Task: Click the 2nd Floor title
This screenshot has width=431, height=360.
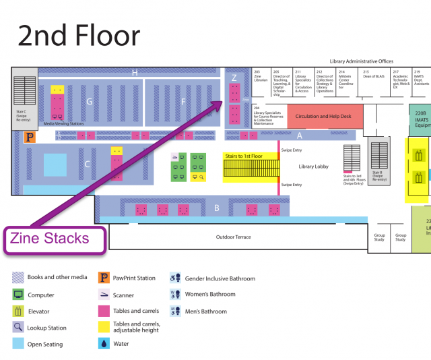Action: tap(79, 35)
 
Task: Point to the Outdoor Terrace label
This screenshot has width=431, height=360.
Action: tap(233, 237)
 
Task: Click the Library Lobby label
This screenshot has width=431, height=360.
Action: tap(314, 166)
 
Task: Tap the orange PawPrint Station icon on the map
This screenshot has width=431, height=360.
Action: tap(29, 137)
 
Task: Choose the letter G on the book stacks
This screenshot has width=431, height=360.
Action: tap(89, 102)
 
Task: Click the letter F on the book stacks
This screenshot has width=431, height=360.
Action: tap(183, 101)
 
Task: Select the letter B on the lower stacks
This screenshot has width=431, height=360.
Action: tap(217, 208)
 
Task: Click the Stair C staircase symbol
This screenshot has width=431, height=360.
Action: tap(25, 90)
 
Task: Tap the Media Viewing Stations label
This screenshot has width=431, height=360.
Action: tap(64, 124)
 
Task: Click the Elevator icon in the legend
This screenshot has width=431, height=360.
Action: tap(18, 311)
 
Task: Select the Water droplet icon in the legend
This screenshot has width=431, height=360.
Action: tap(104, 344)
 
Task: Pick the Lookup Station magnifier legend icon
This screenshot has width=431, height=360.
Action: tap(18, 328)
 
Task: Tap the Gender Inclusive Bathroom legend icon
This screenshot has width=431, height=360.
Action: tap(174, 278)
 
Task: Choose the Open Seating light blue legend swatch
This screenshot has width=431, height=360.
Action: tap(18, 344)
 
